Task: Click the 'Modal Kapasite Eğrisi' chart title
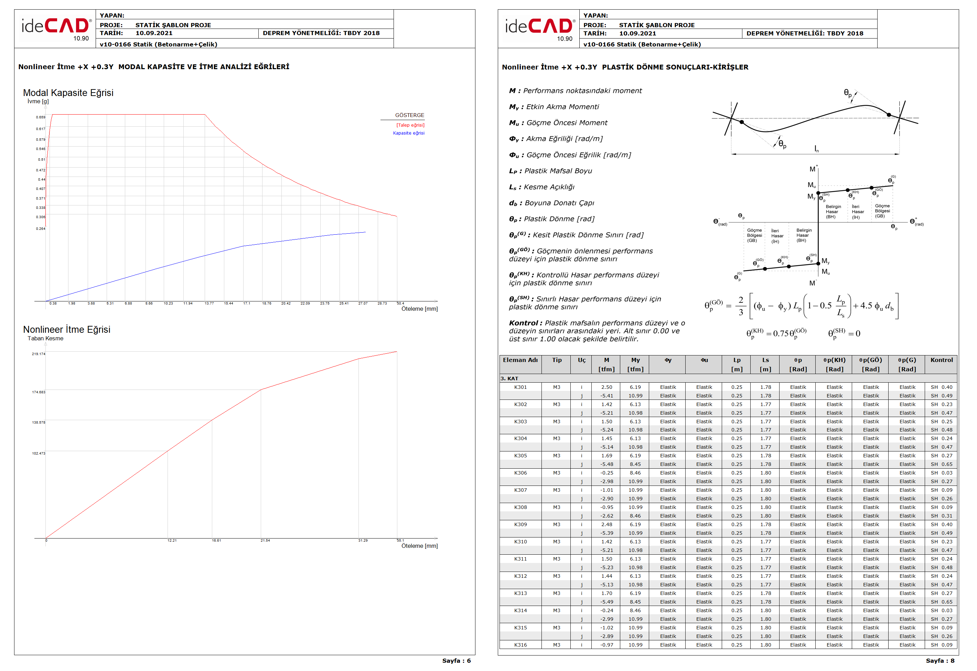coord(68,93)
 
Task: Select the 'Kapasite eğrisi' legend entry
coord(408,133)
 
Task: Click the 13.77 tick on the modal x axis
coord(209,303)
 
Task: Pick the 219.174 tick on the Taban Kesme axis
coord(38,354)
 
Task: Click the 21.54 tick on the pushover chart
coord(265,541)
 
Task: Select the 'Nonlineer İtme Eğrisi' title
coord(66,330)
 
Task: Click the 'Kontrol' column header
coord(941,360)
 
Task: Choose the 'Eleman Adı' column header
coord(520,360)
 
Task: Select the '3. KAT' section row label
coord(509,379)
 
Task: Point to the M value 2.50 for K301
coord(606,387)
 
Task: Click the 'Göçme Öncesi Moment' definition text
coord(566,123)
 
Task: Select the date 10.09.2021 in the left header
coord(154,33)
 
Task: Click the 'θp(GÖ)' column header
coord(870,360)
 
